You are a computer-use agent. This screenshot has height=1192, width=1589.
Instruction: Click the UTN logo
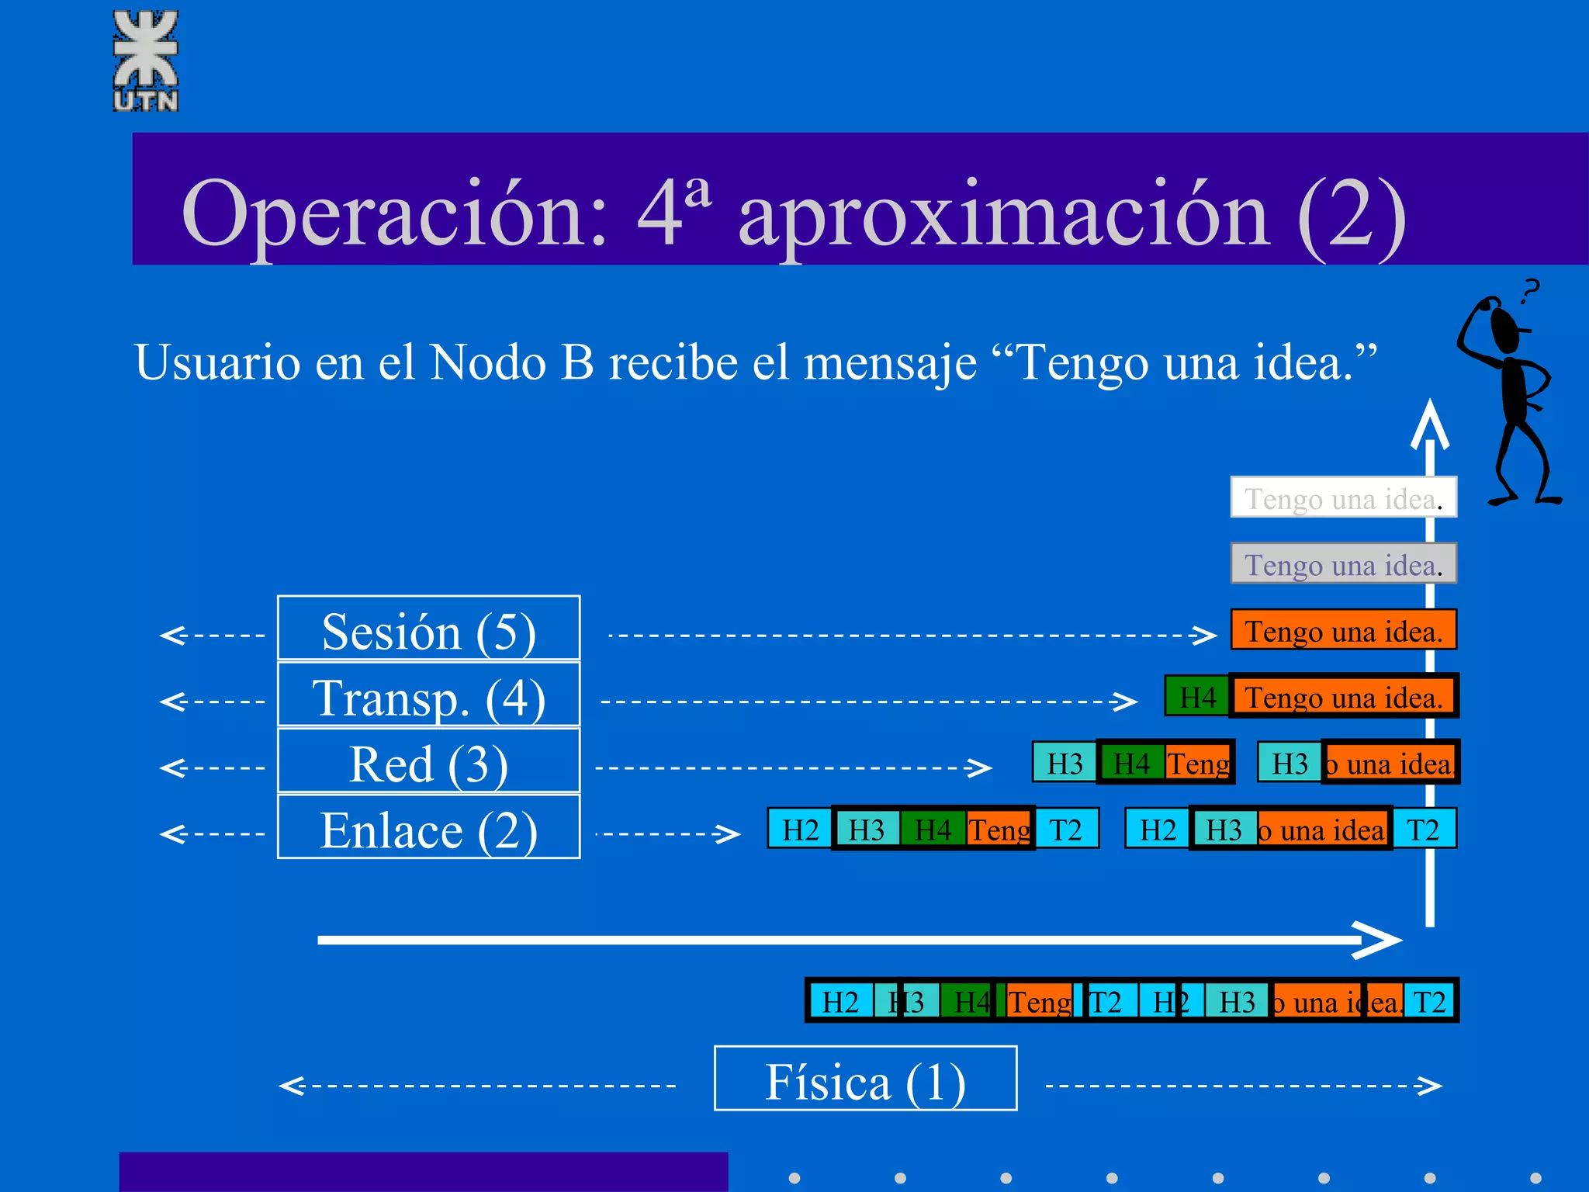(146, 61)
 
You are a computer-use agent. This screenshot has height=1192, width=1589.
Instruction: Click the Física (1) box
(865, 1079)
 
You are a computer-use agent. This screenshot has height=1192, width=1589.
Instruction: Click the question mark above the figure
(1529, 291)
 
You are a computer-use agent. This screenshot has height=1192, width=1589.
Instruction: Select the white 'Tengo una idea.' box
(1343, 497)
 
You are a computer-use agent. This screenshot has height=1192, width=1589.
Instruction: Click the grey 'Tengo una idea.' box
(1343, 563)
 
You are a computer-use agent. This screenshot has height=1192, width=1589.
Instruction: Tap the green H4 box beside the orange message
(1196, 696)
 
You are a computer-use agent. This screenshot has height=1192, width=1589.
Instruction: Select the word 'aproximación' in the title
(1004, 213)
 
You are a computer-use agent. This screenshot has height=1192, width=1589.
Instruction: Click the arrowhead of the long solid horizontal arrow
(1381, 940)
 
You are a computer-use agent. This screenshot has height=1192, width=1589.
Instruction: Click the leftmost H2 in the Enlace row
(800, 830)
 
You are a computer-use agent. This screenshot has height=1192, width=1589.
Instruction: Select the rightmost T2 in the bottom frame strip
(1429, 1001)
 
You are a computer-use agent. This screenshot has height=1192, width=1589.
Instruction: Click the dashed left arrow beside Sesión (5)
(211, 635)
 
